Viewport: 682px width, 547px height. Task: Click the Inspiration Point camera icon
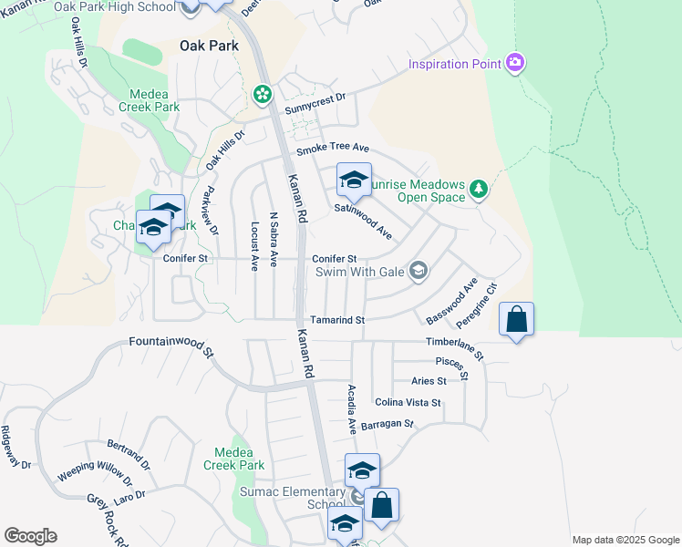pyautogui.click(x=516, y=63)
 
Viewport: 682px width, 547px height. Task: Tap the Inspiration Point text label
pyautogui.click(x=455, y=64)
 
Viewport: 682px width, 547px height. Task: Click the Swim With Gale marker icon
pyautogui.click(x=418, y=270)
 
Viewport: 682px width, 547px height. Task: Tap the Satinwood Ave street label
pyautogui.click(x=363, y=222)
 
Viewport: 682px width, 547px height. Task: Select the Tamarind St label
pyautogui.click(x=337, y=320)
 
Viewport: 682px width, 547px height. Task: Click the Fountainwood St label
pyautogui.click(x=167, y=346)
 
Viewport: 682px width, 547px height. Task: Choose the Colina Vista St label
pyautogui.click(x=408, y=402)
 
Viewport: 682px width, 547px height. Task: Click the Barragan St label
pyautogui.click(x=387, y=424)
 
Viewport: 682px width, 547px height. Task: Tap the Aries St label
pyautogui.click(x=429, y=381)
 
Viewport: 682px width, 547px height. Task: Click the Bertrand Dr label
pyautogui.click(x=129, y=452)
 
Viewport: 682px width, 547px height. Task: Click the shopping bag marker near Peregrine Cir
pyautogui.click(x=516, y=320)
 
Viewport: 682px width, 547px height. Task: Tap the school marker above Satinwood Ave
pyautogui.click(x=354, y=181)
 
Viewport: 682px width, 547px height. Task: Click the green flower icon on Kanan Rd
pyautogui.click(x=263, y=94)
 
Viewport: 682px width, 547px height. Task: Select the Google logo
pyautogui.click(x=30, y=536)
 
